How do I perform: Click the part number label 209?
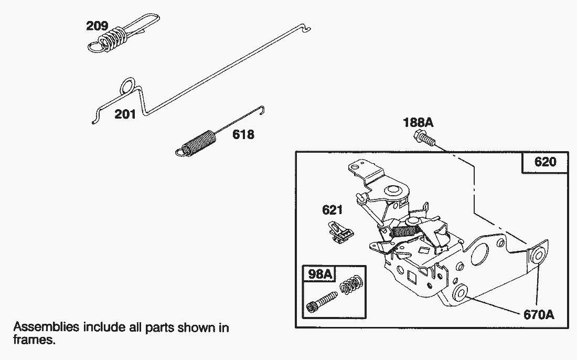coord(97,26)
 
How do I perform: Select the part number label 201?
coord(125,114)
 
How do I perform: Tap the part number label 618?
coord(243,134)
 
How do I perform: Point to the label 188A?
coord(418,122)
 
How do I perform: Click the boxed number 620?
coord(546,162)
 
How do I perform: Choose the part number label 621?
coord(332,210)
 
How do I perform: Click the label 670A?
coord(539,315)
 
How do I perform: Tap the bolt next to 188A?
coord(425,137)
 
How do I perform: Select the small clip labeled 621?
coord(340,232)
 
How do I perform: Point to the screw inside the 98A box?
coord(322,302)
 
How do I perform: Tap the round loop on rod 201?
coord(127,86)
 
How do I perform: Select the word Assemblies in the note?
coord(46,327)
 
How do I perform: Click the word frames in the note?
coord(34,340)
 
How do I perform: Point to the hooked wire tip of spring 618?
coord(262,110)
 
